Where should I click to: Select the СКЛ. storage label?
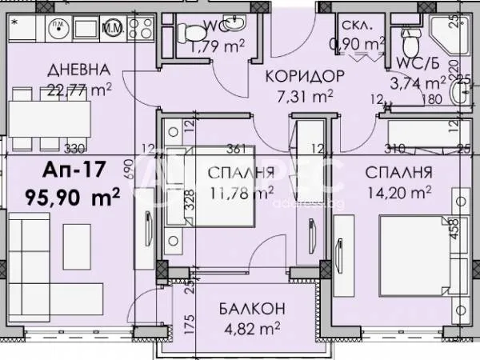point(354,25)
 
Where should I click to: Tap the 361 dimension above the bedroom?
point(235,148)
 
